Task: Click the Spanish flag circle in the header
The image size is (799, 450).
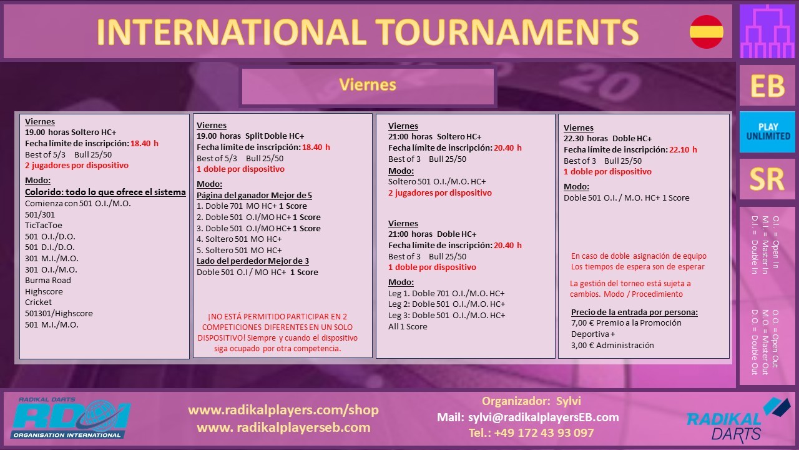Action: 706,32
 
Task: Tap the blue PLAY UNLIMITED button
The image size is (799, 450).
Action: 767,132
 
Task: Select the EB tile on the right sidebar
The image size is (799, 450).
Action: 767,86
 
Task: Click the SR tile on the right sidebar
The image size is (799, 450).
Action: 767,179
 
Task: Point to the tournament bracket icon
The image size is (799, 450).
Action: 767,31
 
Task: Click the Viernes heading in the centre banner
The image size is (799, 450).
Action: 368,85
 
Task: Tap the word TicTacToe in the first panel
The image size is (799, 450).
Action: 44,226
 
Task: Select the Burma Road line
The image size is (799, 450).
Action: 48,281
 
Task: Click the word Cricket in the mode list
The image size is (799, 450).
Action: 38,302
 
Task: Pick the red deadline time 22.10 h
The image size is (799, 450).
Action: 683,149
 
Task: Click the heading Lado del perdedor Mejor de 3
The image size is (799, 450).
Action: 253,261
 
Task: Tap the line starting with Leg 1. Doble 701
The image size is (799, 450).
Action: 446,293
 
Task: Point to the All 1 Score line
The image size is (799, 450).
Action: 408,326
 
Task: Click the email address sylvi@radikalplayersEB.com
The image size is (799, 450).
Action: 543,417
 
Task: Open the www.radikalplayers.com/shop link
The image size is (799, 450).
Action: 283,410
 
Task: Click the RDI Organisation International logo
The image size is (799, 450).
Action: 70,418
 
